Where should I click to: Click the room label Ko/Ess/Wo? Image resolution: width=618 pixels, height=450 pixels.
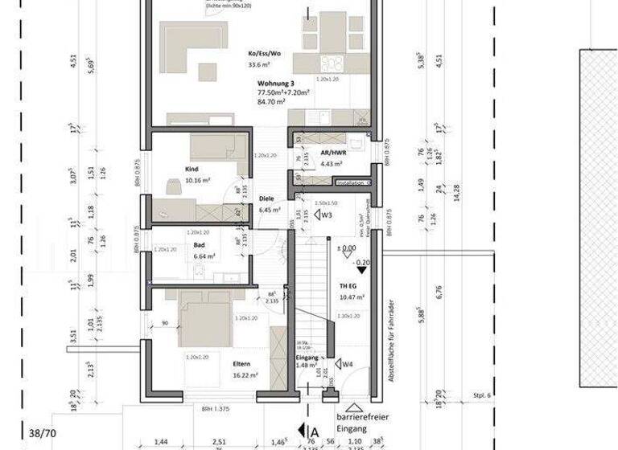click(x=265, y=53)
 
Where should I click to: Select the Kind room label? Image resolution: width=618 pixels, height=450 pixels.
click(x=192, y=170)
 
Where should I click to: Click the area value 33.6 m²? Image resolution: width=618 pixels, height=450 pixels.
click(x=260, y=65)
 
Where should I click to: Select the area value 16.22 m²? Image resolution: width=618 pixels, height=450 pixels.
click(x=244, y=374)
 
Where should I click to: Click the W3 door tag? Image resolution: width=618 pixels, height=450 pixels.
click(x=325, y=215)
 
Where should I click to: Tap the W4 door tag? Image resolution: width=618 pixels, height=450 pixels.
click(x=347, y=364)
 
